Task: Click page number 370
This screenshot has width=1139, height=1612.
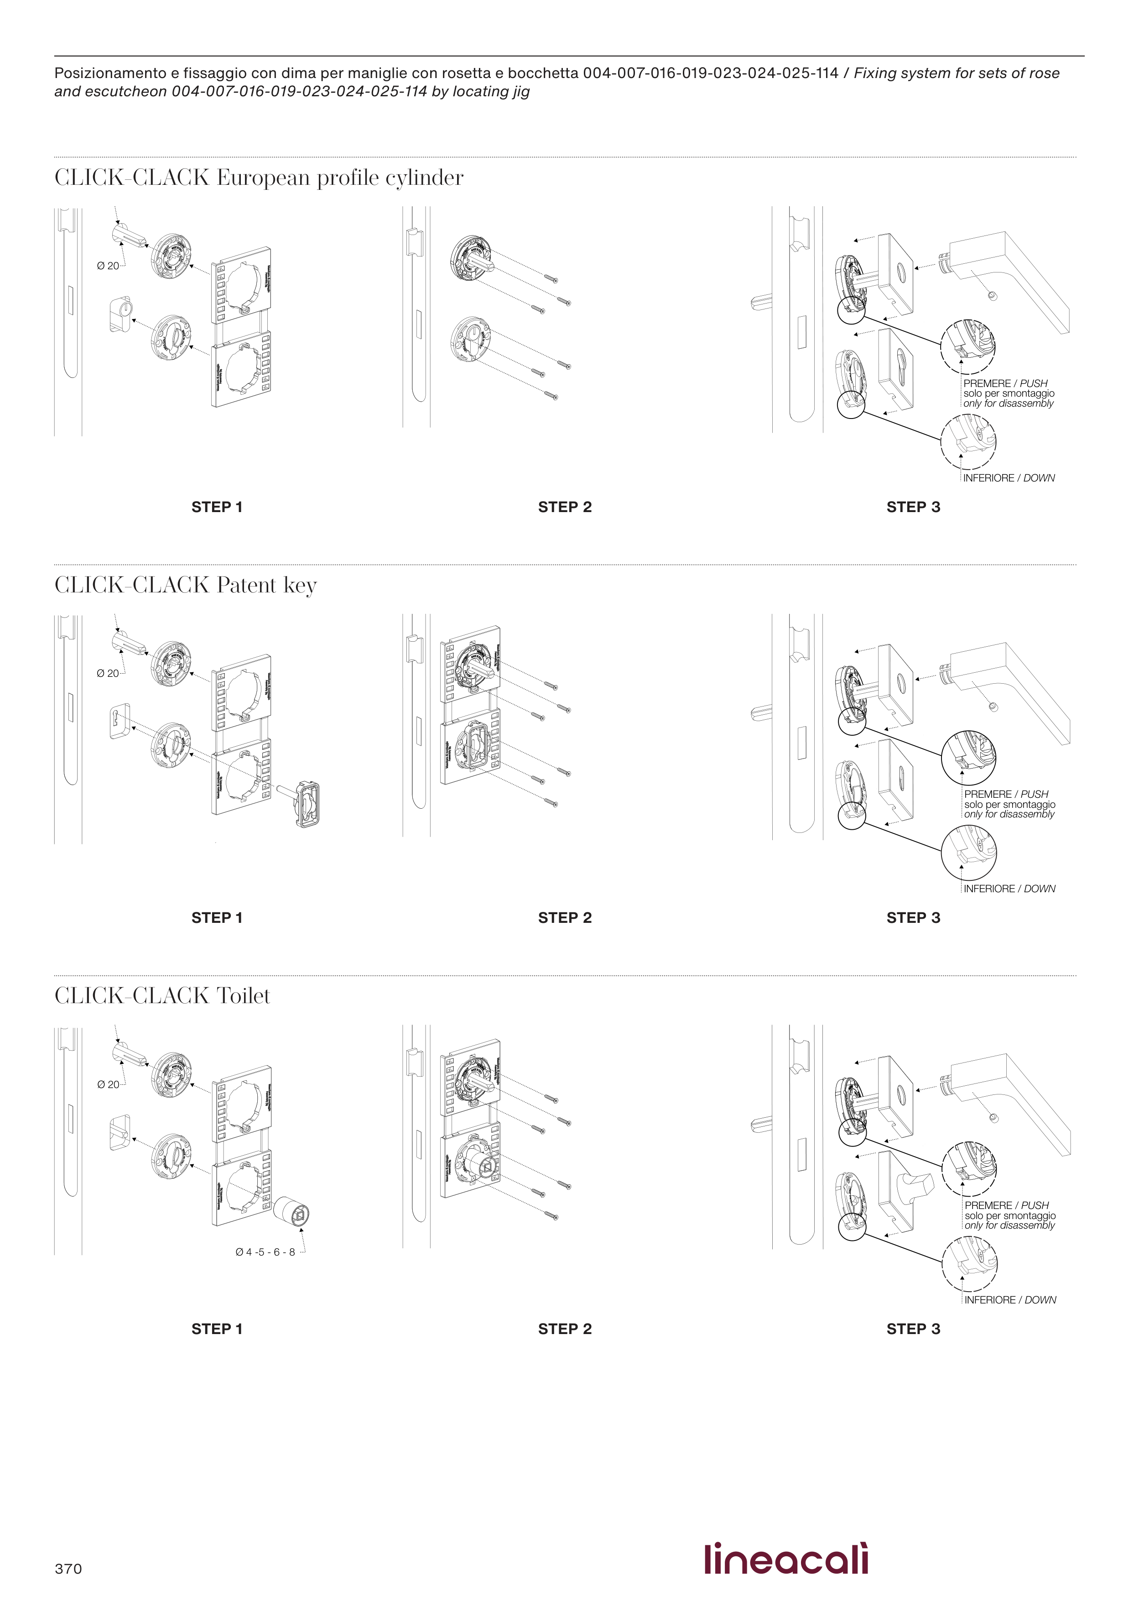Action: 68,1569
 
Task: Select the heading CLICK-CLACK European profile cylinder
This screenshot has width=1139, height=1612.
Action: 259,178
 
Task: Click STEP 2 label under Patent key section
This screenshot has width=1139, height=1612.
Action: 564,918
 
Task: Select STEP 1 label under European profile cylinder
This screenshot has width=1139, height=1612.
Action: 217,507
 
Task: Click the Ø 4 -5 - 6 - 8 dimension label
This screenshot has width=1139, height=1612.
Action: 265,1252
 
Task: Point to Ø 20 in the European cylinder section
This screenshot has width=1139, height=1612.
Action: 108,266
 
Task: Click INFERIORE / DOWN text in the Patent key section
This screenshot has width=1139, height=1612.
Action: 1009,889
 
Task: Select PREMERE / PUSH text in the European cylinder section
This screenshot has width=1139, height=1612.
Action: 1005,383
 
